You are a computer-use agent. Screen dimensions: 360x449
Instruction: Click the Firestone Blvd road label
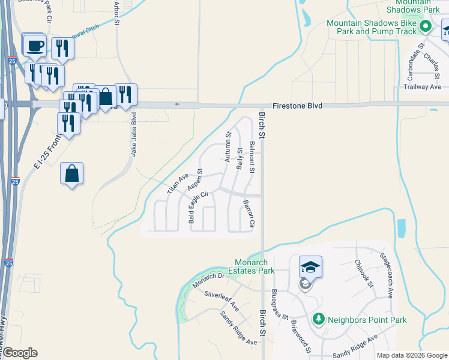coord(297,106)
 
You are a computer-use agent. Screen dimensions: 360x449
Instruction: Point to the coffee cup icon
coord(35,45)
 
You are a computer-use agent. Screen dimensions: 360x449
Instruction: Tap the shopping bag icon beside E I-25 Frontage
coord(71,173)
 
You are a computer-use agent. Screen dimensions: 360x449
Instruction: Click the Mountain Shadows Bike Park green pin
coord(426,26)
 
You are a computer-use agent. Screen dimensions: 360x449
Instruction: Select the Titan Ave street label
coord(178,183)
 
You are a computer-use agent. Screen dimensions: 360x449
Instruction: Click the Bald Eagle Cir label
coord(199,207)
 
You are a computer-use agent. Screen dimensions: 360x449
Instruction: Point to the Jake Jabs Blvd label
coord(134,135)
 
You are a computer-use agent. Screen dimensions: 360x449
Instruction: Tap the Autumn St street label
coord(228,147)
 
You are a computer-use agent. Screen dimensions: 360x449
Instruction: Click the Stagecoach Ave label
coord(385,275)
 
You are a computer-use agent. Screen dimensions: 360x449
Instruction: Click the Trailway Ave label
coord(423,87)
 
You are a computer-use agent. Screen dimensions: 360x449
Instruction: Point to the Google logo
coord(20,353)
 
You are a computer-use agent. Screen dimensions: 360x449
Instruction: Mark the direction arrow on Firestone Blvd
coord(177,104)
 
